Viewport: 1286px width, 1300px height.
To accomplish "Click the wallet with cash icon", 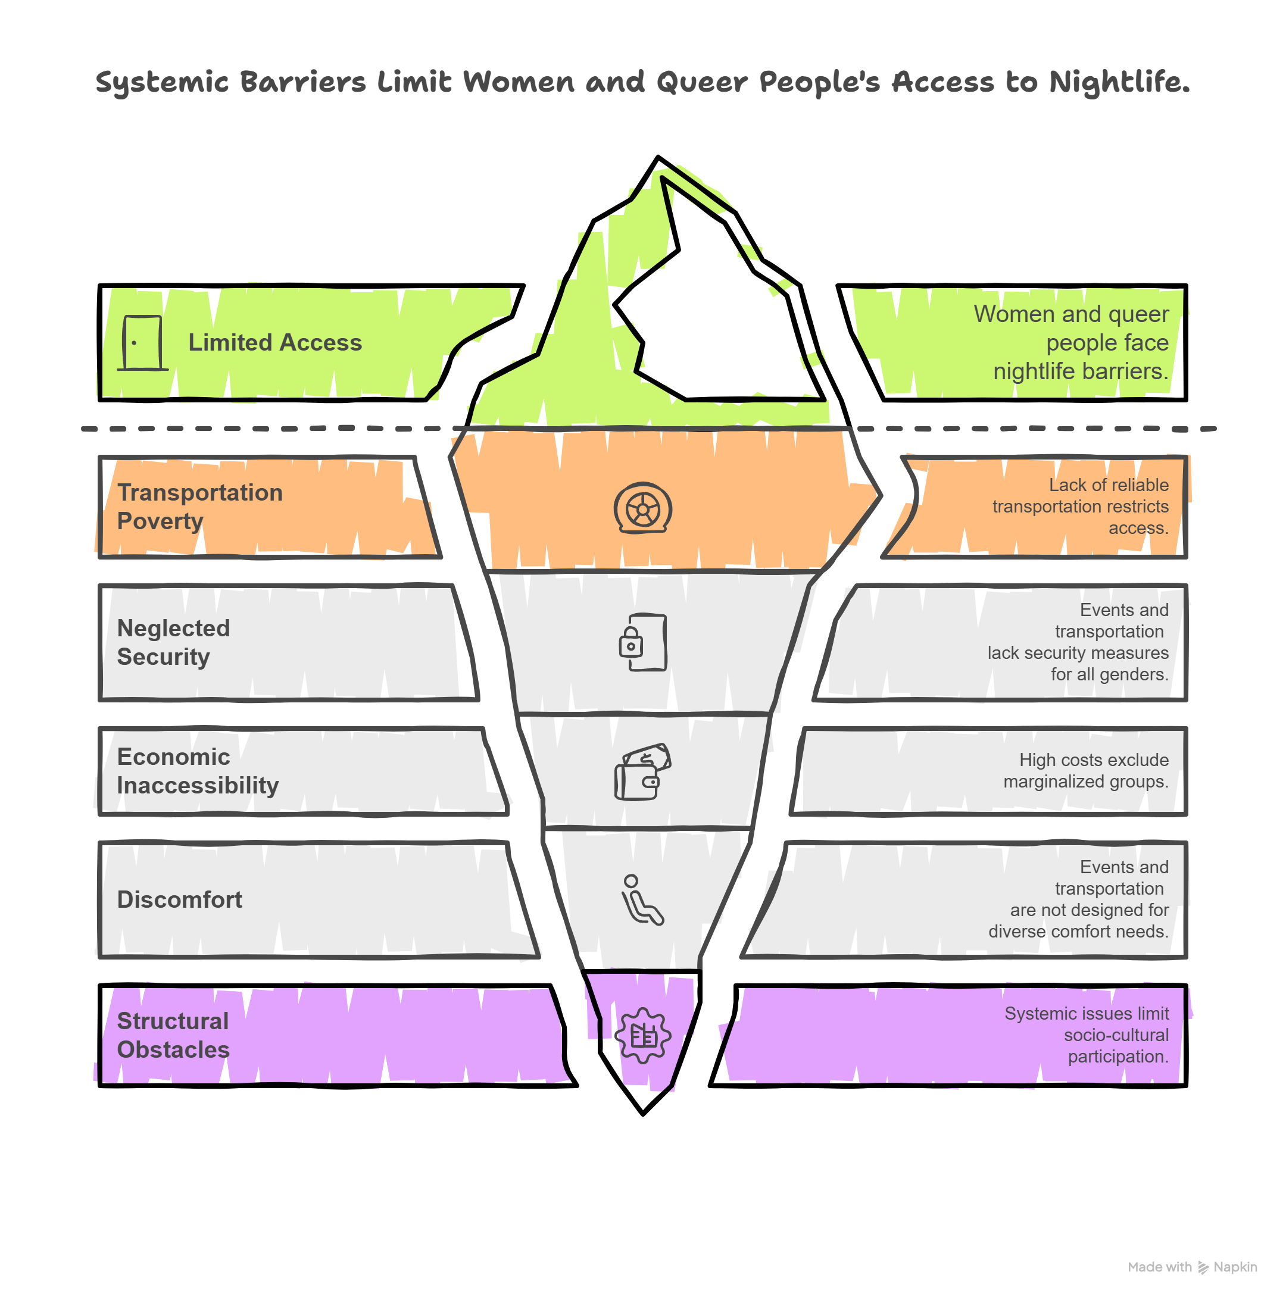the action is click(x=642, y=772).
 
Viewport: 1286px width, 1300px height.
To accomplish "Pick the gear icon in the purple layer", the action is click(x=642, y=1036).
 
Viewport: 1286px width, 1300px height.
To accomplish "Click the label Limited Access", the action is click(x=274, y=342).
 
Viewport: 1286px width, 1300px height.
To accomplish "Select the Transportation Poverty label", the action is click(x=199, y=507).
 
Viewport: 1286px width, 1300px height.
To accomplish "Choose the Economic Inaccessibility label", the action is click(x=197, y=771).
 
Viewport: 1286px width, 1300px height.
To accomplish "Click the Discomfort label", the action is click(x=179, y=899).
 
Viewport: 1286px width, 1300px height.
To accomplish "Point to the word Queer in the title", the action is click(x=702, y=83).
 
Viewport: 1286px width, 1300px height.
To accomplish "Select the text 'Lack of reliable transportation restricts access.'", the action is click(x=1080, y=506).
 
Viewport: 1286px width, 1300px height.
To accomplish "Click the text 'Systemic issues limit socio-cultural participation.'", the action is click(x=1086, y=1035).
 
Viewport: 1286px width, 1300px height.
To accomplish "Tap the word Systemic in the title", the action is click(x=163, y=83).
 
